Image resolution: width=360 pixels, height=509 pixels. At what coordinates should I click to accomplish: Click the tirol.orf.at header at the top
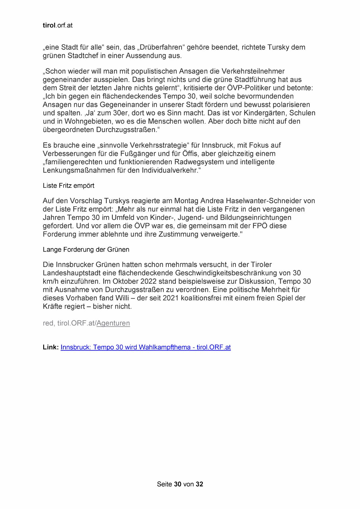click(x=57, y=26)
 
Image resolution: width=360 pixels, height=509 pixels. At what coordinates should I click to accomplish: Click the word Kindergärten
click(x=263, y=113)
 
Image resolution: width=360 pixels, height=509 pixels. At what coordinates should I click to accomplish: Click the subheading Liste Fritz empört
click(x=68, y=186)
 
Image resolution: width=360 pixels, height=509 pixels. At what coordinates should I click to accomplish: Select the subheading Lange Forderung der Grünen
click(x=86, y=250)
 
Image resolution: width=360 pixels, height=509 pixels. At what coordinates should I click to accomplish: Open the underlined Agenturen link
click(x=113, y=323)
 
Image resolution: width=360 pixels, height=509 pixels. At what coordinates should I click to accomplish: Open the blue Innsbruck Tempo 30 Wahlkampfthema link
click(x=146, y=347)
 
